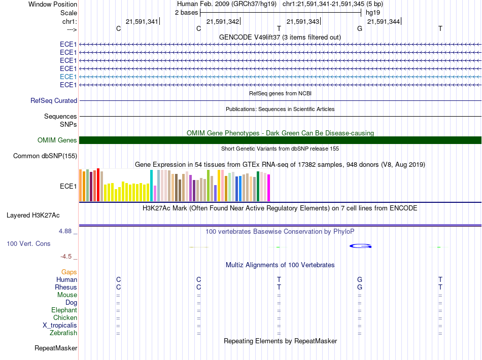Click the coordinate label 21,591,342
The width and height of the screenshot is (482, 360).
click(223, 21)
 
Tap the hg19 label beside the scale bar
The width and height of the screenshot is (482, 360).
click(372, 13)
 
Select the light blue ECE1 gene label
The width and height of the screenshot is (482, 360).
click(68, 77)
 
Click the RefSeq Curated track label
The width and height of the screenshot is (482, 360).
click(54, 101)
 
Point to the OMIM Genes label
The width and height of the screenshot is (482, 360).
click(57, 140)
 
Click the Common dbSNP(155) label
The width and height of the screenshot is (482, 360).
click(45, 156)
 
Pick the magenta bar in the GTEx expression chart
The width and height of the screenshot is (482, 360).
click(269, 188)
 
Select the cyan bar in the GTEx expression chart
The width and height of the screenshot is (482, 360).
click(151, 186)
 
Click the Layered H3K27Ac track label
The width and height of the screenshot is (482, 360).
click(33, 215)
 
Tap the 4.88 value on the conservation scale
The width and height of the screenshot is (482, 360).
click(65, 231)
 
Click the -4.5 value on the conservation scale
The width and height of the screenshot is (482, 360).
click(66, 257)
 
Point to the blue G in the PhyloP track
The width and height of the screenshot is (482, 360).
click(361, 246)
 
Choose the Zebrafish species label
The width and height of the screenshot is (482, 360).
click(63, 333)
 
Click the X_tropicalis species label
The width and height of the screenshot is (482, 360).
click(60, 326)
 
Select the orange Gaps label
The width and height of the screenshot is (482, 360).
click(69, 272)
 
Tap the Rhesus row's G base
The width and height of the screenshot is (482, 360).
click(360, 287)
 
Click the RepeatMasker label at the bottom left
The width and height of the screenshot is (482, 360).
click(56, 348)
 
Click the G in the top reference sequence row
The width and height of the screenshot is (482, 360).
click(360, 28)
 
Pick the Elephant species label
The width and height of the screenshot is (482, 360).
click(64, 310)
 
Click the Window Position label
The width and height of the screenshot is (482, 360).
click(53, 4)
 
